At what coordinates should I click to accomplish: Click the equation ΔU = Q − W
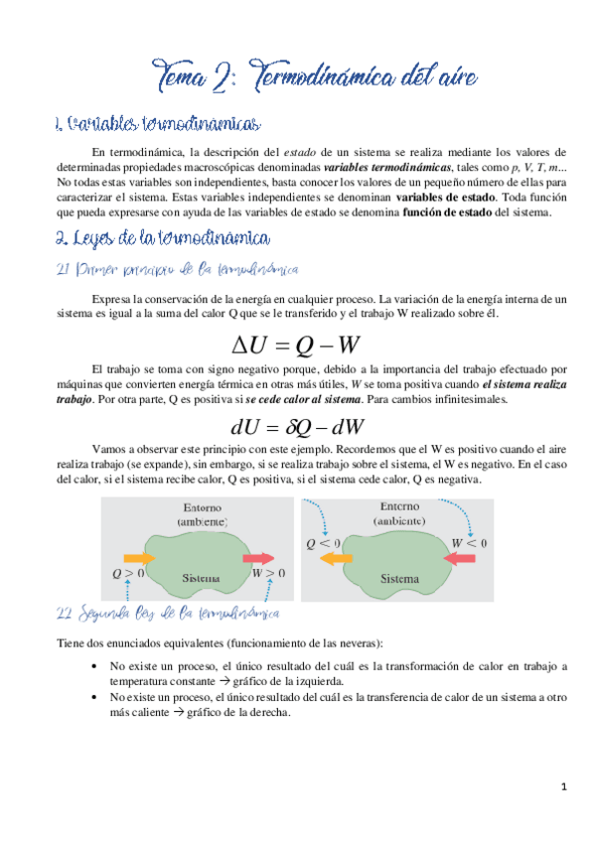point(297,346)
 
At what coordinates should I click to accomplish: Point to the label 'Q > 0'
point(127,574)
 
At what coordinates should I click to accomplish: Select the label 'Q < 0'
point(324,543)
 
